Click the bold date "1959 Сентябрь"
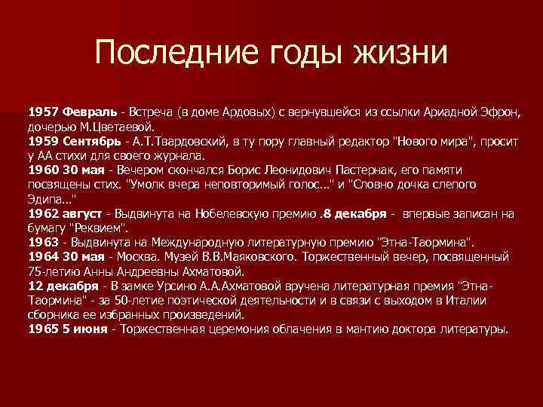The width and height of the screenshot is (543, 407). tap(75, 141)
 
